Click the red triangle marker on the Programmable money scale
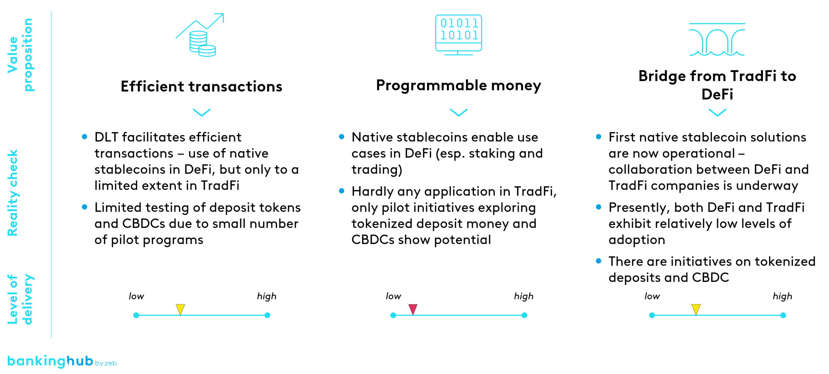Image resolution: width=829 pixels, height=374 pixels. pyautogui.click(x=413, y=309)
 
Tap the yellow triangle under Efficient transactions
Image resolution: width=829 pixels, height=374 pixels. pyautogui.click(x=180, y=309)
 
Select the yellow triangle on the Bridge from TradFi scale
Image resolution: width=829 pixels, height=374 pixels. pyautogui.click(x=696, y=309)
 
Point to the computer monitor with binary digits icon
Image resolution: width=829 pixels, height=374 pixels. pyautogui.click(x=459, y=35)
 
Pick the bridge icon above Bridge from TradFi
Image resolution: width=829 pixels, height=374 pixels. pyautogui.click(x=717, y=39)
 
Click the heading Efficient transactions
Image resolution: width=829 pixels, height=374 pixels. pyautogui.click(x=201, y=86)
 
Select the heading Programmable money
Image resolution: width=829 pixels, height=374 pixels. pyautogui.click(x=459, y=85)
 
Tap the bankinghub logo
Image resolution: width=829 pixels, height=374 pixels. pyautogui.click(x=62, y=361)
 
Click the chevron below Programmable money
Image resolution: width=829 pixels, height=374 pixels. pyautogui.click(x=459, y=112)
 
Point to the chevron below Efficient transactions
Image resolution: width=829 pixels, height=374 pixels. pyautogui.click(x=201, y=112)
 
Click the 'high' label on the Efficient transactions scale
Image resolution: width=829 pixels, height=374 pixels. pyautogui.click(x=267, y=296)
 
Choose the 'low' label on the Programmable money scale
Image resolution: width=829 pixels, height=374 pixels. pyautogui.click(x=393, y=296)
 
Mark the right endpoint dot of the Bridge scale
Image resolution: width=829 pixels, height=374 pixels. pyautogui.click(x=783, y=315)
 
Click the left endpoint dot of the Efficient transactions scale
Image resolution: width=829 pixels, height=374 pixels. pyautogui.click(x=136, y=315)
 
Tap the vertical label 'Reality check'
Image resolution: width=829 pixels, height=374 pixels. pyautogui.click(x=13, y=193)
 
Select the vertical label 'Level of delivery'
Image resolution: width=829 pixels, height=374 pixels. pyautogui.click(x=20, y=299)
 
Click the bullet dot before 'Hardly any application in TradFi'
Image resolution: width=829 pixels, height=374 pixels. pyautogui.click(x=341, y=191)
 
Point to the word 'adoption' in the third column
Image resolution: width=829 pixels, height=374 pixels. pyautogui.click(x=637, y=240)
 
